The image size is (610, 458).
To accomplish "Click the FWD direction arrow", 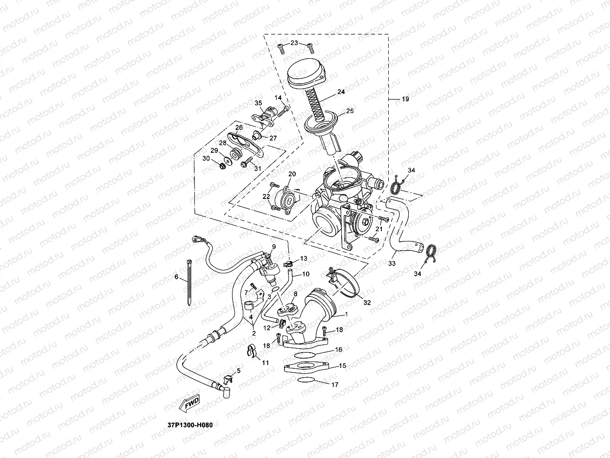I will (x=191, y=402).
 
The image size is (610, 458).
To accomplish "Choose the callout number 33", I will (x=393, y=263).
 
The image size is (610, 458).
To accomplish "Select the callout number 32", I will (x=367, y=302).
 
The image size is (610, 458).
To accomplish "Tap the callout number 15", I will (x=342, y=365).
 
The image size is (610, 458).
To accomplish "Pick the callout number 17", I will (x=335, y=385).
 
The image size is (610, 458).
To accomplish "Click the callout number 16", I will (x=338, y=350).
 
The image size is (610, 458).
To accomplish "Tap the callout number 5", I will (x=238, y=371).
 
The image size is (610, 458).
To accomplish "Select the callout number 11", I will (x=265, y=362).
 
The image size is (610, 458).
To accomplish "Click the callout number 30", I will (x=207, y=159).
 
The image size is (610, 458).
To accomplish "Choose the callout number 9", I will (x=274, y=246).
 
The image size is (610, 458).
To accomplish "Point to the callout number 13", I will (x=304, y=258).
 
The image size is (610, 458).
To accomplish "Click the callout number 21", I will (x=378, y=229).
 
